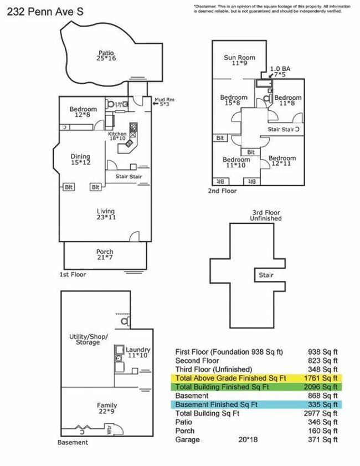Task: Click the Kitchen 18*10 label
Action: (x=117, y=136)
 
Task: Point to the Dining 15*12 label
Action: (x=80, y=160)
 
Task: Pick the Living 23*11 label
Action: (x=105, y=214)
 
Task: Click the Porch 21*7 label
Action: (x=105, y=255)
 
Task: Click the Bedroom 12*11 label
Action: (x=282, y=161)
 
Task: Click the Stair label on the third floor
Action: (x=266, y=275)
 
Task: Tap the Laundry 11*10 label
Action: (x=137, y=352)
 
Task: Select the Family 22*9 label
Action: (x=107, y=408)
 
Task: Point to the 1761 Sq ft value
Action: (x=322, y=378)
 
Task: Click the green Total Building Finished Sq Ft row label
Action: (x=222, y=387)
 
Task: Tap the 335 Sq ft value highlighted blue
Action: (x=322, y=404)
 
